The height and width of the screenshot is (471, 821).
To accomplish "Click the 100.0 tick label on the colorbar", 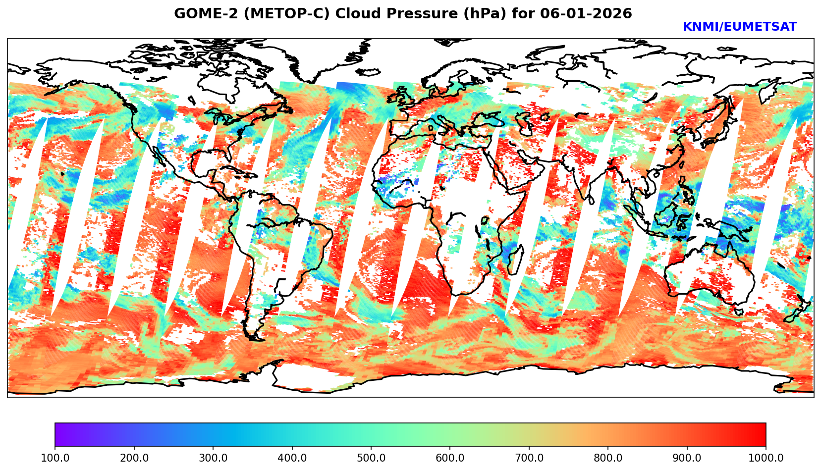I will click(55, 458).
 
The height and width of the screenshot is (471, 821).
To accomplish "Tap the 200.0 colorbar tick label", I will click(134, 458).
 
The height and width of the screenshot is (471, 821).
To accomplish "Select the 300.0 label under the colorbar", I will click(213, 458).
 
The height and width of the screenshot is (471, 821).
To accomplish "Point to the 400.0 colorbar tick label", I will click(292, 458).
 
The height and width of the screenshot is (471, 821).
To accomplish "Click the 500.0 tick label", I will click(371, 458).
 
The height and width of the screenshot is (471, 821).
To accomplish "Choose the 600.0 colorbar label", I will click(450, 458).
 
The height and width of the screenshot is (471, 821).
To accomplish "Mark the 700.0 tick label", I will click(529, 458).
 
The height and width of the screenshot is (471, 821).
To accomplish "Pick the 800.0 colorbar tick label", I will click(608, 458).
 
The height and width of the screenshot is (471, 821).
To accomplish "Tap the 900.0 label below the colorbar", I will click(687, 458).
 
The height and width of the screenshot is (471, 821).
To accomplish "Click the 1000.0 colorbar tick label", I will click(766, 458).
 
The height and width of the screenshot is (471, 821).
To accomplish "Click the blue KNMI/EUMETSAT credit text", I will click(739, 27).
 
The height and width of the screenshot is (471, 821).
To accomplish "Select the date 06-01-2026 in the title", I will click(588, 14).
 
